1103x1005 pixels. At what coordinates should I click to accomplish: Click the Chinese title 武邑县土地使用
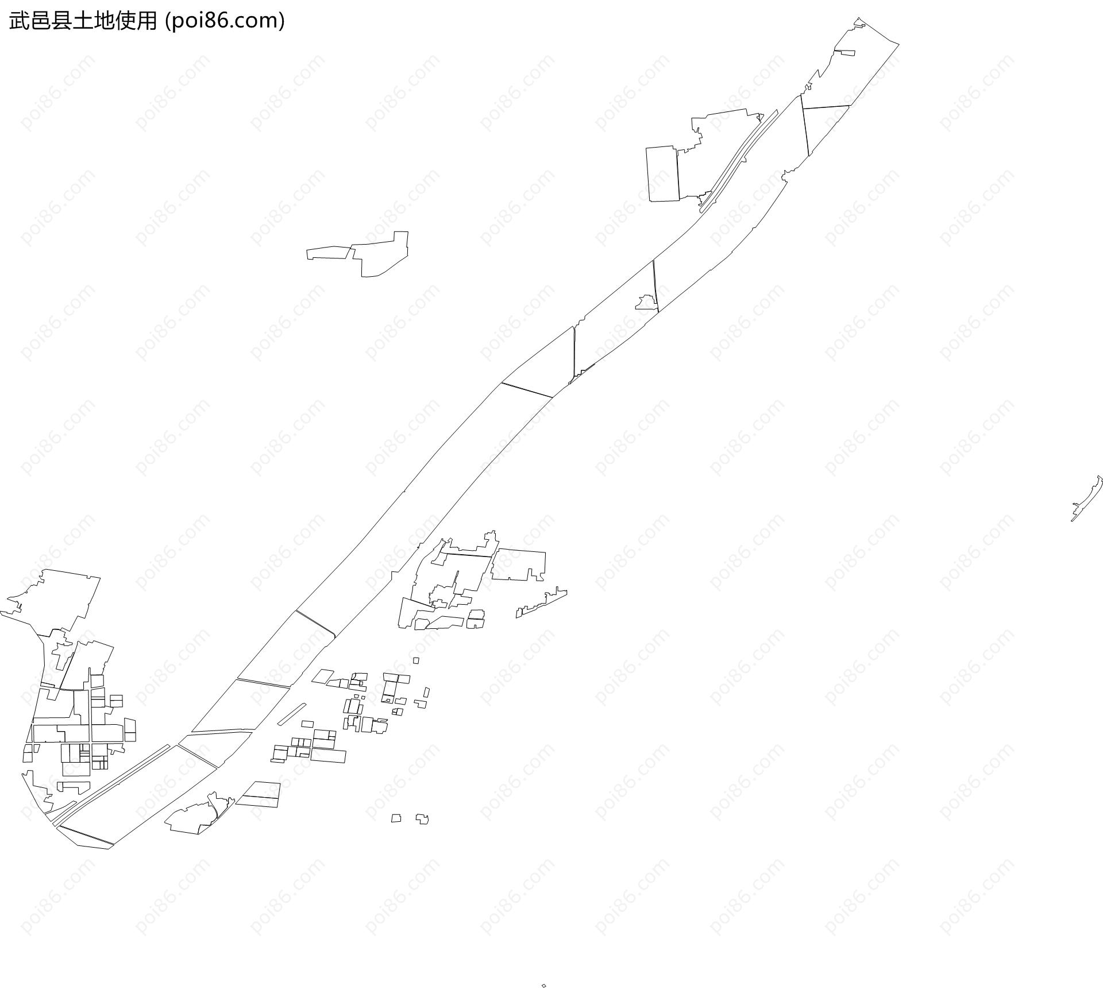tap(83, 21)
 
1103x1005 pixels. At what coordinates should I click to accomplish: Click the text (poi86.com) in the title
tap(225, 21)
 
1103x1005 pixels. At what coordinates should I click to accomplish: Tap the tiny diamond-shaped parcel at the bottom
tap(543, 986)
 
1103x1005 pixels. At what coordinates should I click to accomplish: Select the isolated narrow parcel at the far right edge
tap(1087, 499)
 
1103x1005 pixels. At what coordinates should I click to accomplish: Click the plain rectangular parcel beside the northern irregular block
tap(663, 174)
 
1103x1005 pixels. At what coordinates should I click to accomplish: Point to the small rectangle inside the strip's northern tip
tap(844, 53)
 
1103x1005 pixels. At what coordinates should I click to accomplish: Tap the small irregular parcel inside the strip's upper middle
tap(646, 302)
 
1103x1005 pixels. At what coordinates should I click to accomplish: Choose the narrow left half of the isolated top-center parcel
tap(329, 253)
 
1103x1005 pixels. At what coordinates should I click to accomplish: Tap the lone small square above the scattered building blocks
tap(416, 660)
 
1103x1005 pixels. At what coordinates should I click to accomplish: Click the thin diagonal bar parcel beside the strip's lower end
tap(292, 714)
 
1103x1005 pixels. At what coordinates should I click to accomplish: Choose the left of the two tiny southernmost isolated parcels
tap(396, 818)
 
